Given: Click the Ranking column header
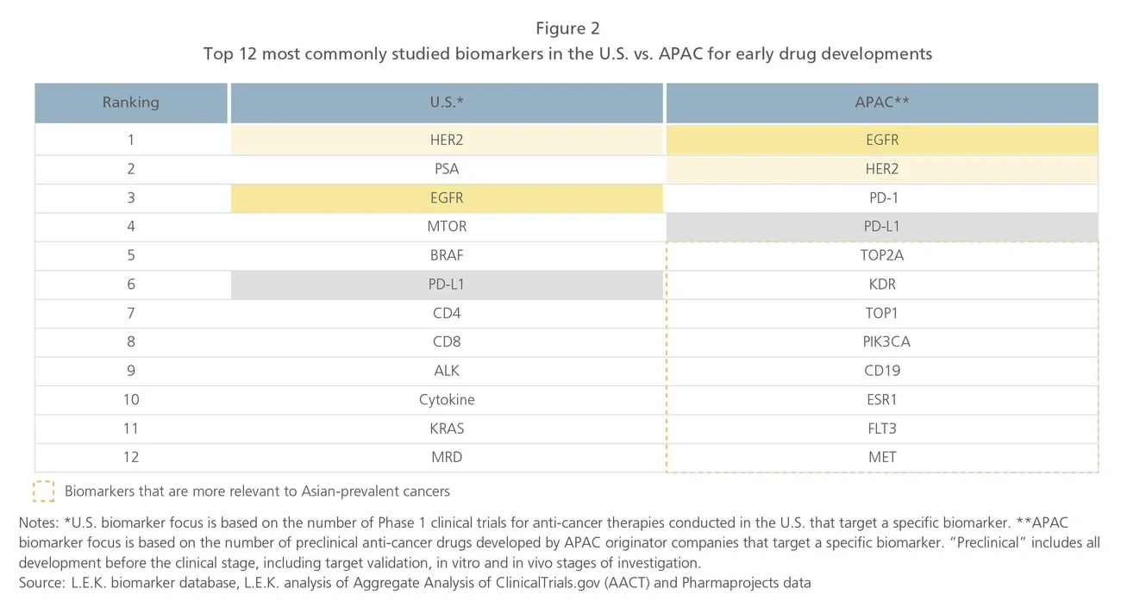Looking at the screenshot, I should click(130, 102).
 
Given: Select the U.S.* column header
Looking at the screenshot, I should click(447, 102).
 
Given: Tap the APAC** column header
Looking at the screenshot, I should click(882, 102).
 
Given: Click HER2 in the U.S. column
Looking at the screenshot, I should click(447, 140).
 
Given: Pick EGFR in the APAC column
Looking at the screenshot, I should click(882, 140).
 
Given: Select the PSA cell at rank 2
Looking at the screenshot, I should click(447, 169).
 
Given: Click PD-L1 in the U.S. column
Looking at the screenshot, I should click(447, 284).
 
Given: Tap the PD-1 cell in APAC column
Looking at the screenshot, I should click(882, 197).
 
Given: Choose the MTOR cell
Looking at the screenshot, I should click(447, 227).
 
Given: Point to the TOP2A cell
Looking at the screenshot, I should click(882, 255).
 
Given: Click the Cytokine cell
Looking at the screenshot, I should click(447, 399).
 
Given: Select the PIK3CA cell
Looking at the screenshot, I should click(882, 341).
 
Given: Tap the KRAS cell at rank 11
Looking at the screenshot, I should click(447, 429).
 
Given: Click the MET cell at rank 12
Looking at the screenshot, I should click(882, 457).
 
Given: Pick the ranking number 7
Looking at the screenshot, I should click(130, 313).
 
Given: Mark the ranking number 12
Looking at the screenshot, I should click(130, 457).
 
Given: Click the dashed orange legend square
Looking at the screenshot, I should click(44, 491).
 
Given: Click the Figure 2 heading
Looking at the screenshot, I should click(567, 28).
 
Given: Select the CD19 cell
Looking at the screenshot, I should click(882, 371).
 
